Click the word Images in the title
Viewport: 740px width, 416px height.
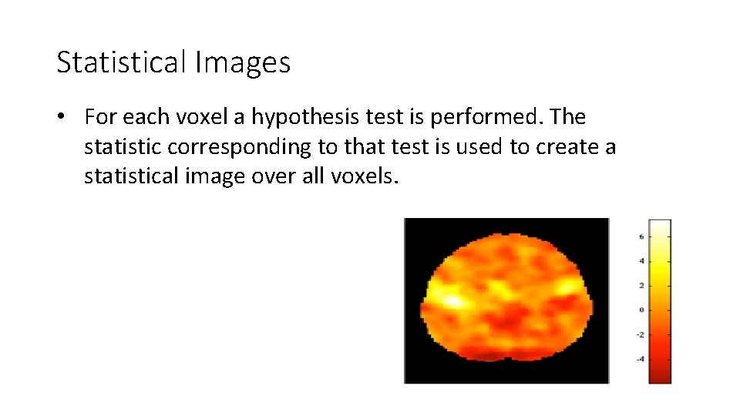coord(243,62)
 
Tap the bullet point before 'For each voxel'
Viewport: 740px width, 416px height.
coord(68,117)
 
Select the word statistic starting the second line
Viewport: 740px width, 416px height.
coord(120,146)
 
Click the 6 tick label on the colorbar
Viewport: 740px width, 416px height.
coord(641,237)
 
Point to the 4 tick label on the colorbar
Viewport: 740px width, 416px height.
coord(641,261)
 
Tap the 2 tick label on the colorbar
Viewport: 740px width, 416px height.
coord(641,286)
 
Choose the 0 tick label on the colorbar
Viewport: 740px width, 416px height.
coord(641,310)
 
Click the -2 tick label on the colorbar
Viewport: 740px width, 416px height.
coord(640,334)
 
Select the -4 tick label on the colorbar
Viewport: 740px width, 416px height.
coord(640,359)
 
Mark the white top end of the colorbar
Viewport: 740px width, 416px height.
coord(660,225)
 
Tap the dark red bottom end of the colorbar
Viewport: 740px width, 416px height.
coord(660,377)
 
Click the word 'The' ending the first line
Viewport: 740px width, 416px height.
coord(569,117)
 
